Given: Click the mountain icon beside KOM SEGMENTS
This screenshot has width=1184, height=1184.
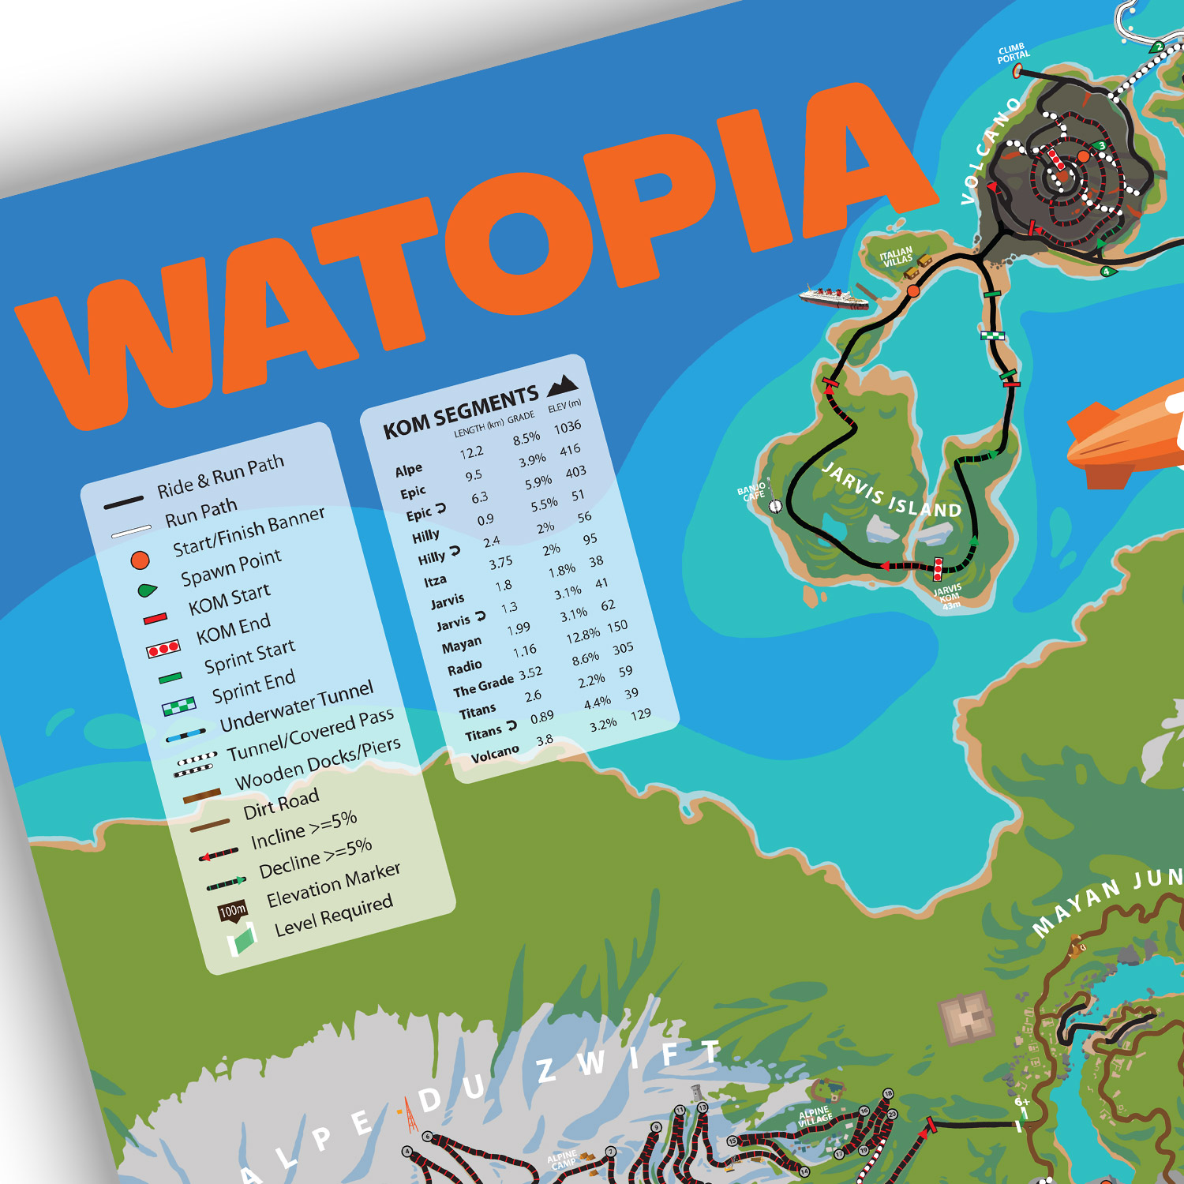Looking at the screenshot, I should pos(563,384).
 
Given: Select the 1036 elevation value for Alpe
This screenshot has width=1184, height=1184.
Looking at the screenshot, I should pos(567,427).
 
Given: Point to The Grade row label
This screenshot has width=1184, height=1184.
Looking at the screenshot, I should pos(483,685).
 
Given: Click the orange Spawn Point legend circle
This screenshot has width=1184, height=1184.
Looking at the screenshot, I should pos(140,560).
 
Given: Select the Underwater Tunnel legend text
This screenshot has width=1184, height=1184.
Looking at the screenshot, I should pos(296,706).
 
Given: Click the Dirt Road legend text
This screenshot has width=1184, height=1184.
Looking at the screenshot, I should pos(281,804).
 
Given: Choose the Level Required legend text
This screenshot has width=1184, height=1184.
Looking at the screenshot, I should pos(333,916).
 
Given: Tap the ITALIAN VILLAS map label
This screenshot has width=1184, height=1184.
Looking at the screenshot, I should pos(897,257).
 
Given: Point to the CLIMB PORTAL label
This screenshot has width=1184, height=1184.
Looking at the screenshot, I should pos(1013,54).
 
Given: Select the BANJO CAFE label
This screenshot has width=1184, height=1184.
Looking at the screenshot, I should pos(752,492).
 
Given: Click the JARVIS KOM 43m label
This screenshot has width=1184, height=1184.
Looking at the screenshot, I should pos(948,596).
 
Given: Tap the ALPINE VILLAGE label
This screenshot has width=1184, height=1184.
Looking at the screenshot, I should pos(815,1116).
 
